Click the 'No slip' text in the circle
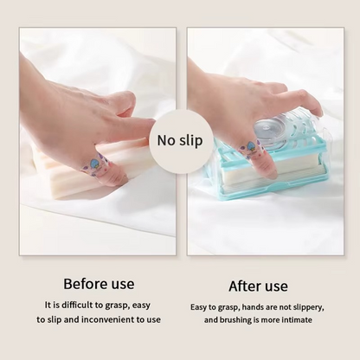180,140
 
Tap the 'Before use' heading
99,284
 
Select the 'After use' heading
258,286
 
